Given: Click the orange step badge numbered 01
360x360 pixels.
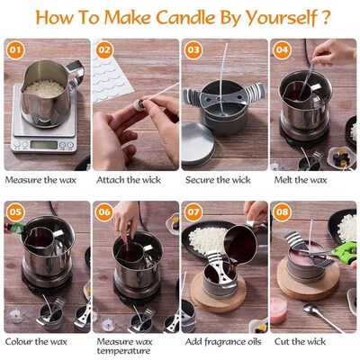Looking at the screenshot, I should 15,51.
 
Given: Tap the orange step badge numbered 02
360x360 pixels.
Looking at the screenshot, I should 104,51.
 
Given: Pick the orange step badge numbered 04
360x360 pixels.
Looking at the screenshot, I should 283,51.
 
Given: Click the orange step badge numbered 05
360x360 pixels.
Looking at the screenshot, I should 15,213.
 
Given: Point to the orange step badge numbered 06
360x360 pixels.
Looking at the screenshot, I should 104,213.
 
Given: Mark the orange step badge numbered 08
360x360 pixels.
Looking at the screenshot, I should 283,213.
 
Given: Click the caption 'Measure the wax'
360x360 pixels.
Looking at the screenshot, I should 41,180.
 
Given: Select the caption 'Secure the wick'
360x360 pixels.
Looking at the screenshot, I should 219,180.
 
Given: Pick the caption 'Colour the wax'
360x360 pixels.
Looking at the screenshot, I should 40,343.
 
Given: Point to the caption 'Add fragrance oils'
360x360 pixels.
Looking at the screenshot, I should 224,343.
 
